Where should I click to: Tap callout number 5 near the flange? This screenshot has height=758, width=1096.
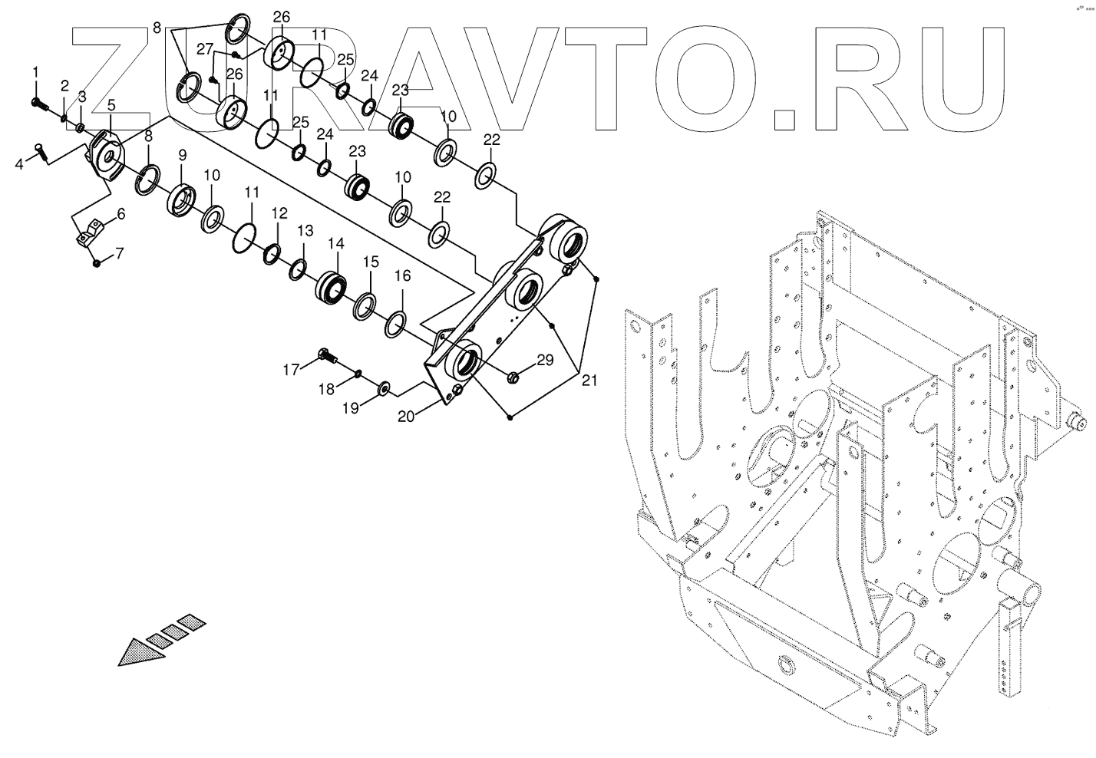click(x=111, y=104)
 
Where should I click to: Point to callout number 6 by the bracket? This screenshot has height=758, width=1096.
click(x=120, y=214)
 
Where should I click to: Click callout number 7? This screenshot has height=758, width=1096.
click(x=120, y=252)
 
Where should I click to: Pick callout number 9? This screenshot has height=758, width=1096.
click(x=182, y=155)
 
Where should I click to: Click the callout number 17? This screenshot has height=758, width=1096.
click(x=291, y=370)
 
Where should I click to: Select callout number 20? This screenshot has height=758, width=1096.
click(x=407, y=416)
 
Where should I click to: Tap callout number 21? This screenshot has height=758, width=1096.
click(x=589, y=379)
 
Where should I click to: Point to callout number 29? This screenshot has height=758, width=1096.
click(x=544, y=360)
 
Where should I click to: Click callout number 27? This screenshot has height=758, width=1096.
click(x=205, y=49)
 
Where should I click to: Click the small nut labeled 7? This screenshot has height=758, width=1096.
click(x=97, y=263)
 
